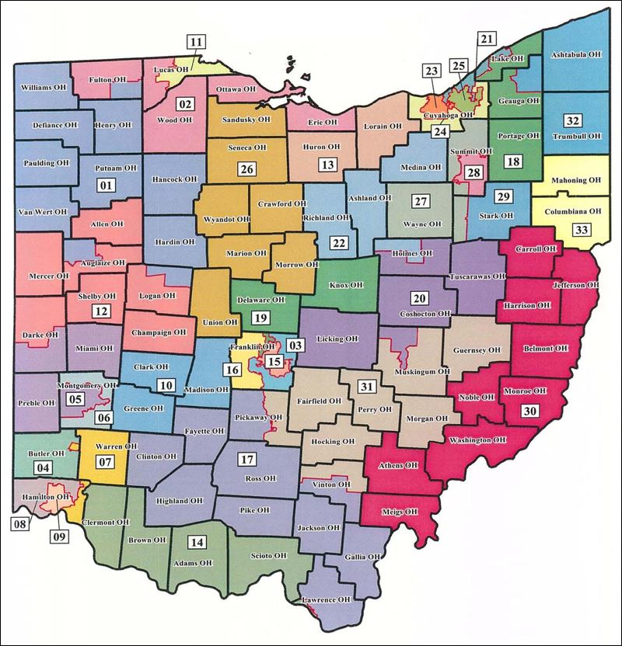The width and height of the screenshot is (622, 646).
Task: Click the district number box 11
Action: [x=197, y=43]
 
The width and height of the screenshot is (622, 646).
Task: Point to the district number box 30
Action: [x=530, y=410]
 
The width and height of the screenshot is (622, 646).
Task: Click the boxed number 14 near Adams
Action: [x=198, y=542]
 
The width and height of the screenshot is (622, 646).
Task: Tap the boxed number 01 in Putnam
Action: [x=105, y=185]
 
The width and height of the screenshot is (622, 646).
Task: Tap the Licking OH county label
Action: [x=337, y=339]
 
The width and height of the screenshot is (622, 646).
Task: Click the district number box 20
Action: [x=419, y=299]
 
